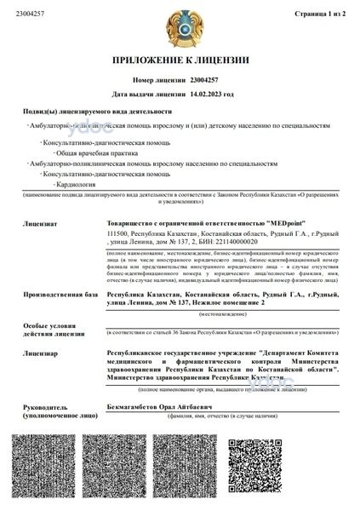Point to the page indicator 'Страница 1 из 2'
[323, 14]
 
